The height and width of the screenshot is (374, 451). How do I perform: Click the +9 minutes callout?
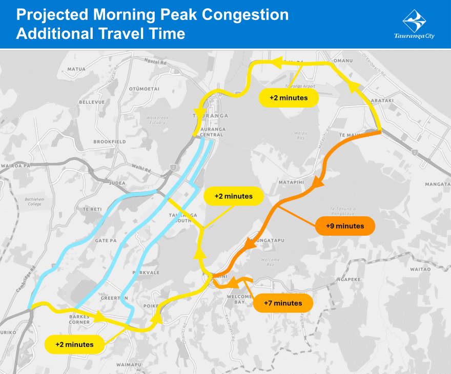(x=345, y=226)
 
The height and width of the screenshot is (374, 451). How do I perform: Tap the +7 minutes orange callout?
(x=283, y=303)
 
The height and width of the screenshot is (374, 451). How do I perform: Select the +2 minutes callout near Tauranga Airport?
(x=289, y=97)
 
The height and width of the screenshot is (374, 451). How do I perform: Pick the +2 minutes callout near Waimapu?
(x=75, y=344)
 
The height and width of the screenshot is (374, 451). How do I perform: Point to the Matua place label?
(x=76, y=69)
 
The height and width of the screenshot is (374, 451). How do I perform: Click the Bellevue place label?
(x=92, y=102)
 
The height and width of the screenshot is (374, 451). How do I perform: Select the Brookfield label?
(x=109, y=141)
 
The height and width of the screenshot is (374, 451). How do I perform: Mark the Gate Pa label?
(x=106, y=240)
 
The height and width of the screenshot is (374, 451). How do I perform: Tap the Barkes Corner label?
(x=79, y=319)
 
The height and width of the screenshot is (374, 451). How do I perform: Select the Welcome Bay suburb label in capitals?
(x=239, y=299)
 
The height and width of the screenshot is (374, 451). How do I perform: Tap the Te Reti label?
(x=92, y=210)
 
